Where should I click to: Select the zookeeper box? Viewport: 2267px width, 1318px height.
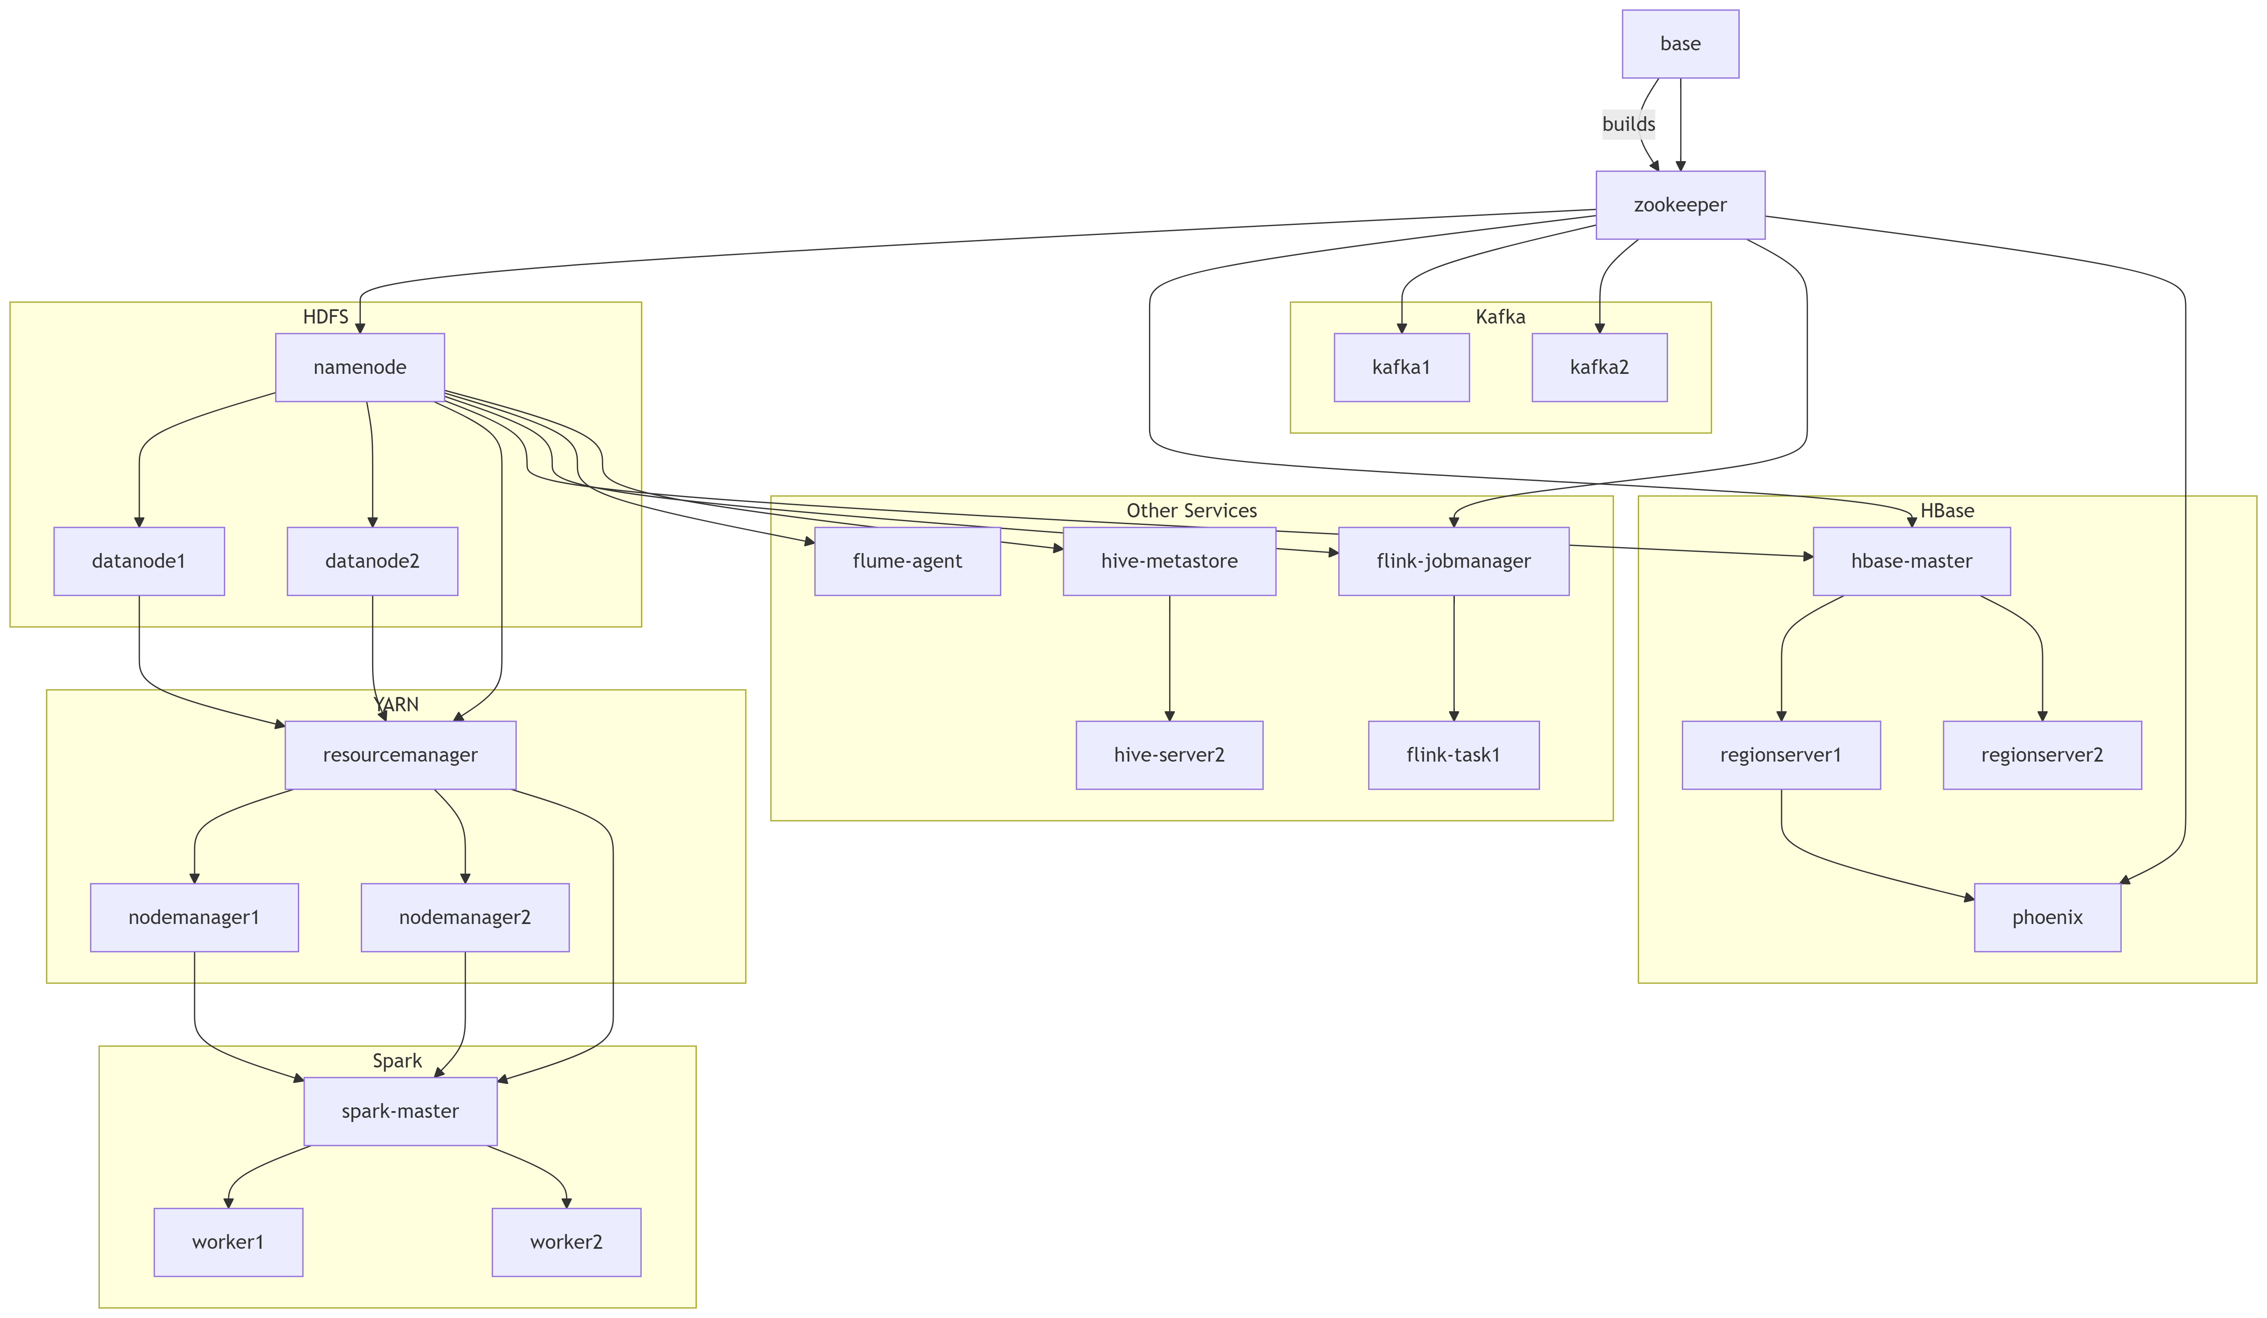[1680, 205]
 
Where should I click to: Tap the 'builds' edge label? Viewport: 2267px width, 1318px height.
[1628, 124]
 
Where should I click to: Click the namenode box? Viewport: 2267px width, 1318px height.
[360, 367]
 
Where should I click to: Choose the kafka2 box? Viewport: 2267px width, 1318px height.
[1599, 367]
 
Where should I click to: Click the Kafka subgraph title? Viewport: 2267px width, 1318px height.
[1500, 317]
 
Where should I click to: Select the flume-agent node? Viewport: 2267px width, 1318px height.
[907, 561]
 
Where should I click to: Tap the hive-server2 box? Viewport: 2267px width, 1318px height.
[1169, 755]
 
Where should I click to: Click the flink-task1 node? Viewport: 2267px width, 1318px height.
[1453, 755]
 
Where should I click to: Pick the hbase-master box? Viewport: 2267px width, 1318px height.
[1911, 561]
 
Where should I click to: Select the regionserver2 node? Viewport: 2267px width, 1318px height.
[2041, 755]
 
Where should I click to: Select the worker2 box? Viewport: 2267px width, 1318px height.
[566, 1242]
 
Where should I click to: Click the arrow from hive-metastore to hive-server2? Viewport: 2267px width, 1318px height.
[1170, 657]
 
